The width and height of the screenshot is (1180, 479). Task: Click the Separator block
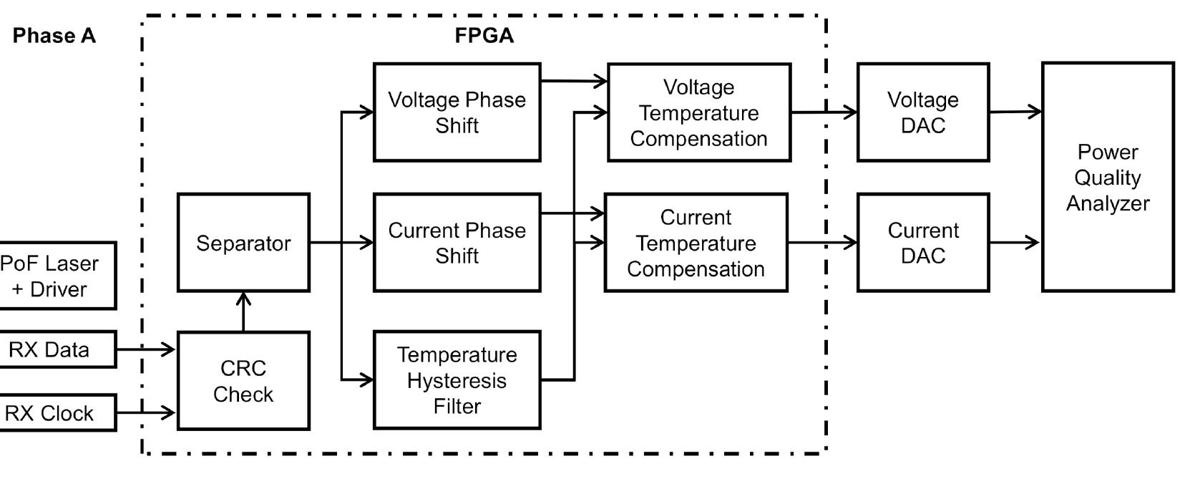tap(243, 243)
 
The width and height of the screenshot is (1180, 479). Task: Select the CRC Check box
tap(243, 381)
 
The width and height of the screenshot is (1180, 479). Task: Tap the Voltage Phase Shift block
tap(457, 112)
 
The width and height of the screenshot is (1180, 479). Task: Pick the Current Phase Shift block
tap(457, 243)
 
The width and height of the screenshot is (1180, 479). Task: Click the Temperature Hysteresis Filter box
tap(457, 380)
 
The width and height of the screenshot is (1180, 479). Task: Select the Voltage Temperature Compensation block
tap(699, 112)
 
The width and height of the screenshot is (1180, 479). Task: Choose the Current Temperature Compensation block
tap(696, 243)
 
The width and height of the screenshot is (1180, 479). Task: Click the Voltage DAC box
tap(923, 112)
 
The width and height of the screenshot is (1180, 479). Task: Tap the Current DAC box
tap(923, 243)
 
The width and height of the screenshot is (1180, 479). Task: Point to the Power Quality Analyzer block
tap(1107, 177)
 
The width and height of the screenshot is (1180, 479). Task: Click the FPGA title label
tap(484, 36)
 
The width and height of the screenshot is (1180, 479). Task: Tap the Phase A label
tap(54, 36)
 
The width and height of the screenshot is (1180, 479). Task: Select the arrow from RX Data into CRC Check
tap(146, 349)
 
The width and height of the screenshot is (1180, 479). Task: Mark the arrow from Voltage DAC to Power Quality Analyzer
tap(1015, 112)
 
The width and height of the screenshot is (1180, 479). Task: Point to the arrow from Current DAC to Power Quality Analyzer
tap(1015, 243)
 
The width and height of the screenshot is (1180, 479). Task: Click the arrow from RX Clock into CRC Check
tap(146, 412)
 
